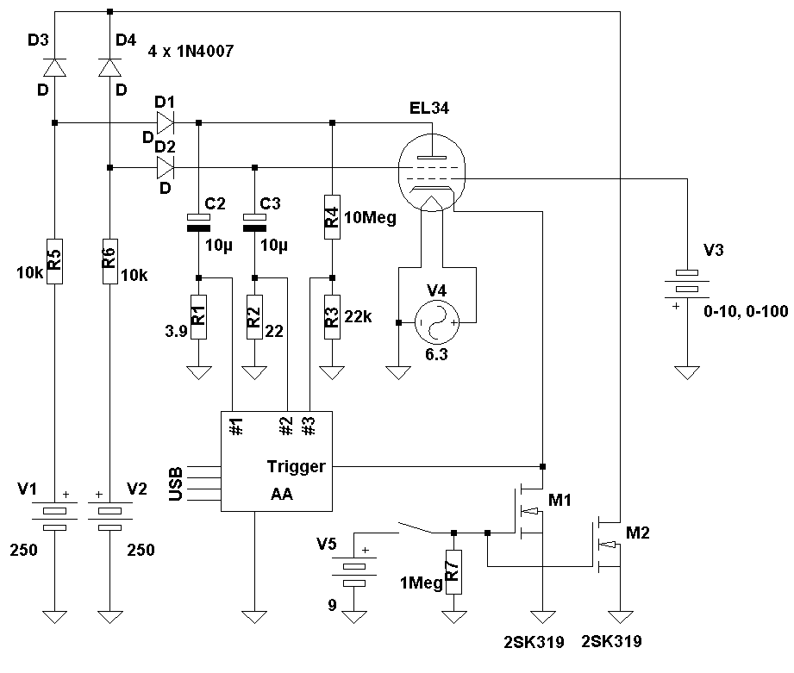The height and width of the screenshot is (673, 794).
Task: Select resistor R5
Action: [x=54, y=260]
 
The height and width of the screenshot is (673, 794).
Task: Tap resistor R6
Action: [x=109, y=260]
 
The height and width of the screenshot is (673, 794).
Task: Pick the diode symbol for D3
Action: [x=54, y=67]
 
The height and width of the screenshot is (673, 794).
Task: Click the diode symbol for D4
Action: [x=109, y=67]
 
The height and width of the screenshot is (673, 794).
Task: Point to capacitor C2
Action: [x=199, y=223]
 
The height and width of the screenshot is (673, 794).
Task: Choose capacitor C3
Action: [x=254, y=223]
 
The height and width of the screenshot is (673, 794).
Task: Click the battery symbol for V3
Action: [x=687, y=285]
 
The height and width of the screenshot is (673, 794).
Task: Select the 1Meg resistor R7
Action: [x=453, y=571]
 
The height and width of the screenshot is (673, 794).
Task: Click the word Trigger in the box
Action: [x=296, y=467]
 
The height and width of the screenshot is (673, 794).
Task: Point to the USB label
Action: [x=176, y=484]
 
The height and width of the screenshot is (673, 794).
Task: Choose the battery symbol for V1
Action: [x=54, y=515]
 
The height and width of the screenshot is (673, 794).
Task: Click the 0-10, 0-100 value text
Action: [x=746, y=311]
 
